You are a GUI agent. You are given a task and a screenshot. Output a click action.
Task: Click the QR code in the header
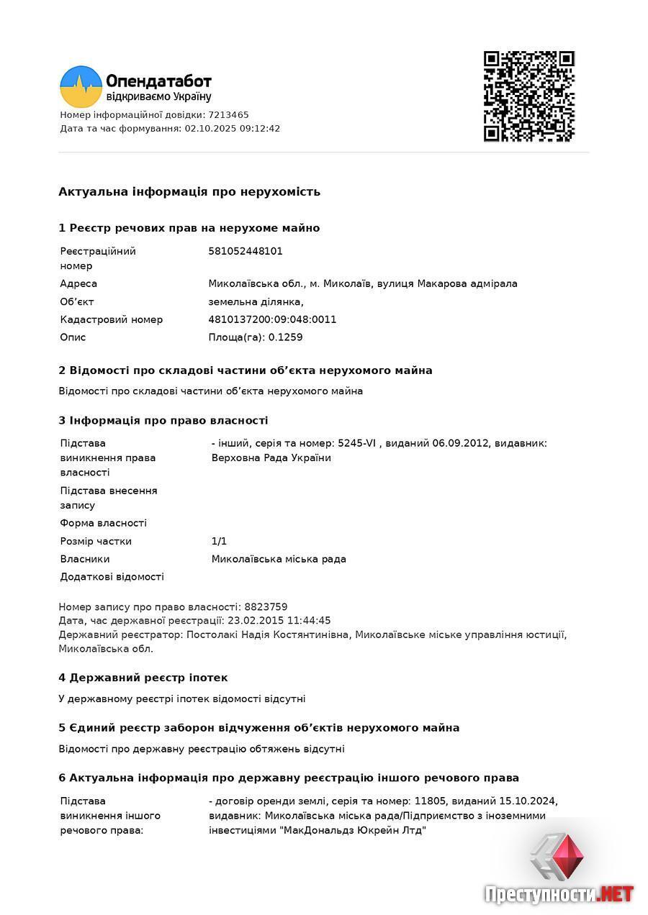pyautogui.click(x=528, y=96)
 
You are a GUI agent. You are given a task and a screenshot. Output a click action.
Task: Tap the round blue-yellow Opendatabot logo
pyautogui.click(x=81, y=87)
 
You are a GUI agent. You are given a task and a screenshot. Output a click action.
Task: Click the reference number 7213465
pyautogui.click(x=229, y=115)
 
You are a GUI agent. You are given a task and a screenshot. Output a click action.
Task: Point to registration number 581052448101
pyautogui.click(x=246, y=251)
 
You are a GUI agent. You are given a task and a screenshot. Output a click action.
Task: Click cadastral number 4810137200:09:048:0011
pyautogui.click(x=272, y=319)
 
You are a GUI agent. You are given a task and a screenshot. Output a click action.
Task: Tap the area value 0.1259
pyautogui.click(x=286, y=337)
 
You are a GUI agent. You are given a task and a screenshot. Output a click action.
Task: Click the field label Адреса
pyautogui.click(x=78, y=283)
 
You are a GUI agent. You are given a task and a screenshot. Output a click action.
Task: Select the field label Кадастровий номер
pyautogui.click(x=112, y=319)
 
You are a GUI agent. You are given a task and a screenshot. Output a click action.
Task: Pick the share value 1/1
pyautogui.click(x=219, y=541)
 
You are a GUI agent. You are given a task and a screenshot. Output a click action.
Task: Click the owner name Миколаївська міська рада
pyautogui.click(x=279, y=559)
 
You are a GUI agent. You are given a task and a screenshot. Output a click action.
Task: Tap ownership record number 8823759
pyautogui.click(x=266, y=607)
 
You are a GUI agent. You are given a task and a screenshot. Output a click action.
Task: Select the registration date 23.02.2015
pyautogui.click(x=253, y=621)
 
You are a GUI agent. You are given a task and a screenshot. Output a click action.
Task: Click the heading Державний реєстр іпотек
pyautogui.click(x=148, y=678)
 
